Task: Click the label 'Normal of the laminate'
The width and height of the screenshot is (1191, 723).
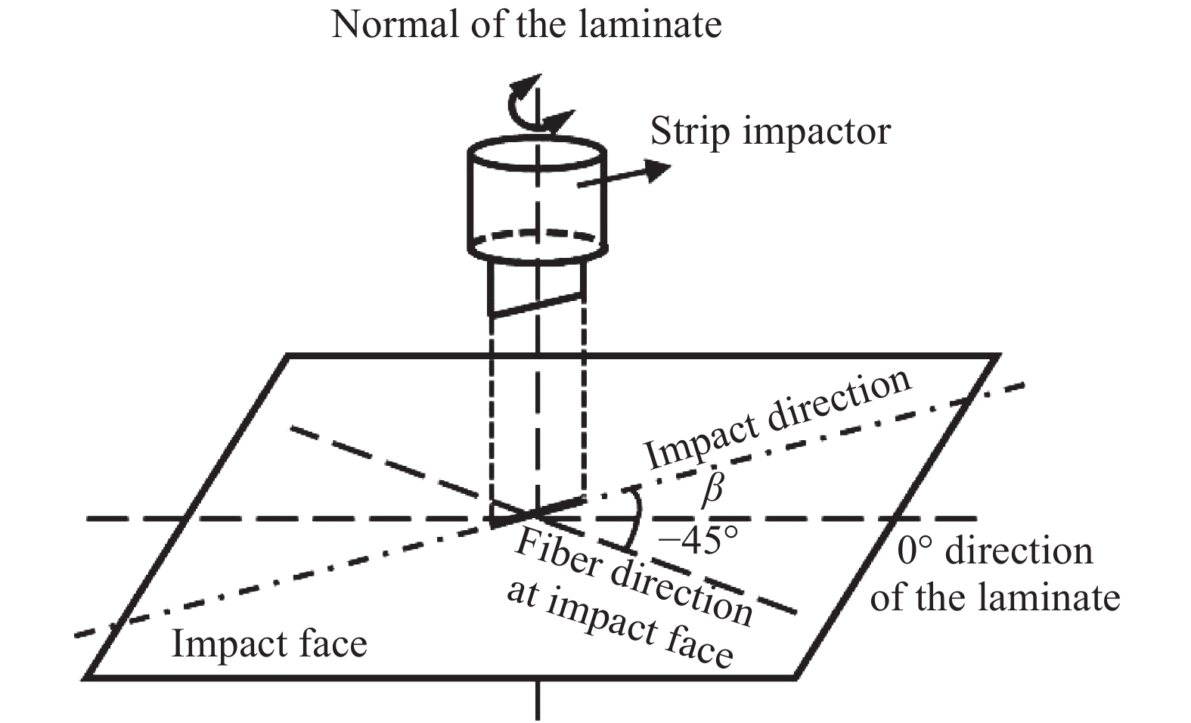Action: pos(526,24)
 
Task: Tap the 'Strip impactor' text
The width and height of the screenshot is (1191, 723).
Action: pos(770,132)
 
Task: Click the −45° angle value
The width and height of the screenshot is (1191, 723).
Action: pos(698,540)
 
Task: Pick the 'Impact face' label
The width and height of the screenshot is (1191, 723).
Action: pos(269,644)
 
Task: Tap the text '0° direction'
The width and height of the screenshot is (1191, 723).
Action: pos(995,551)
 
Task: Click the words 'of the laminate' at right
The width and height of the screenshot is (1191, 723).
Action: pos(995,597)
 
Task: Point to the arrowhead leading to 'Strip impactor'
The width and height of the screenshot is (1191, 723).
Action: pos(656,169)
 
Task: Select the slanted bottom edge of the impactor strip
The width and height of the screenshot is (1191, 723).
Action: pos(538,303)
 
